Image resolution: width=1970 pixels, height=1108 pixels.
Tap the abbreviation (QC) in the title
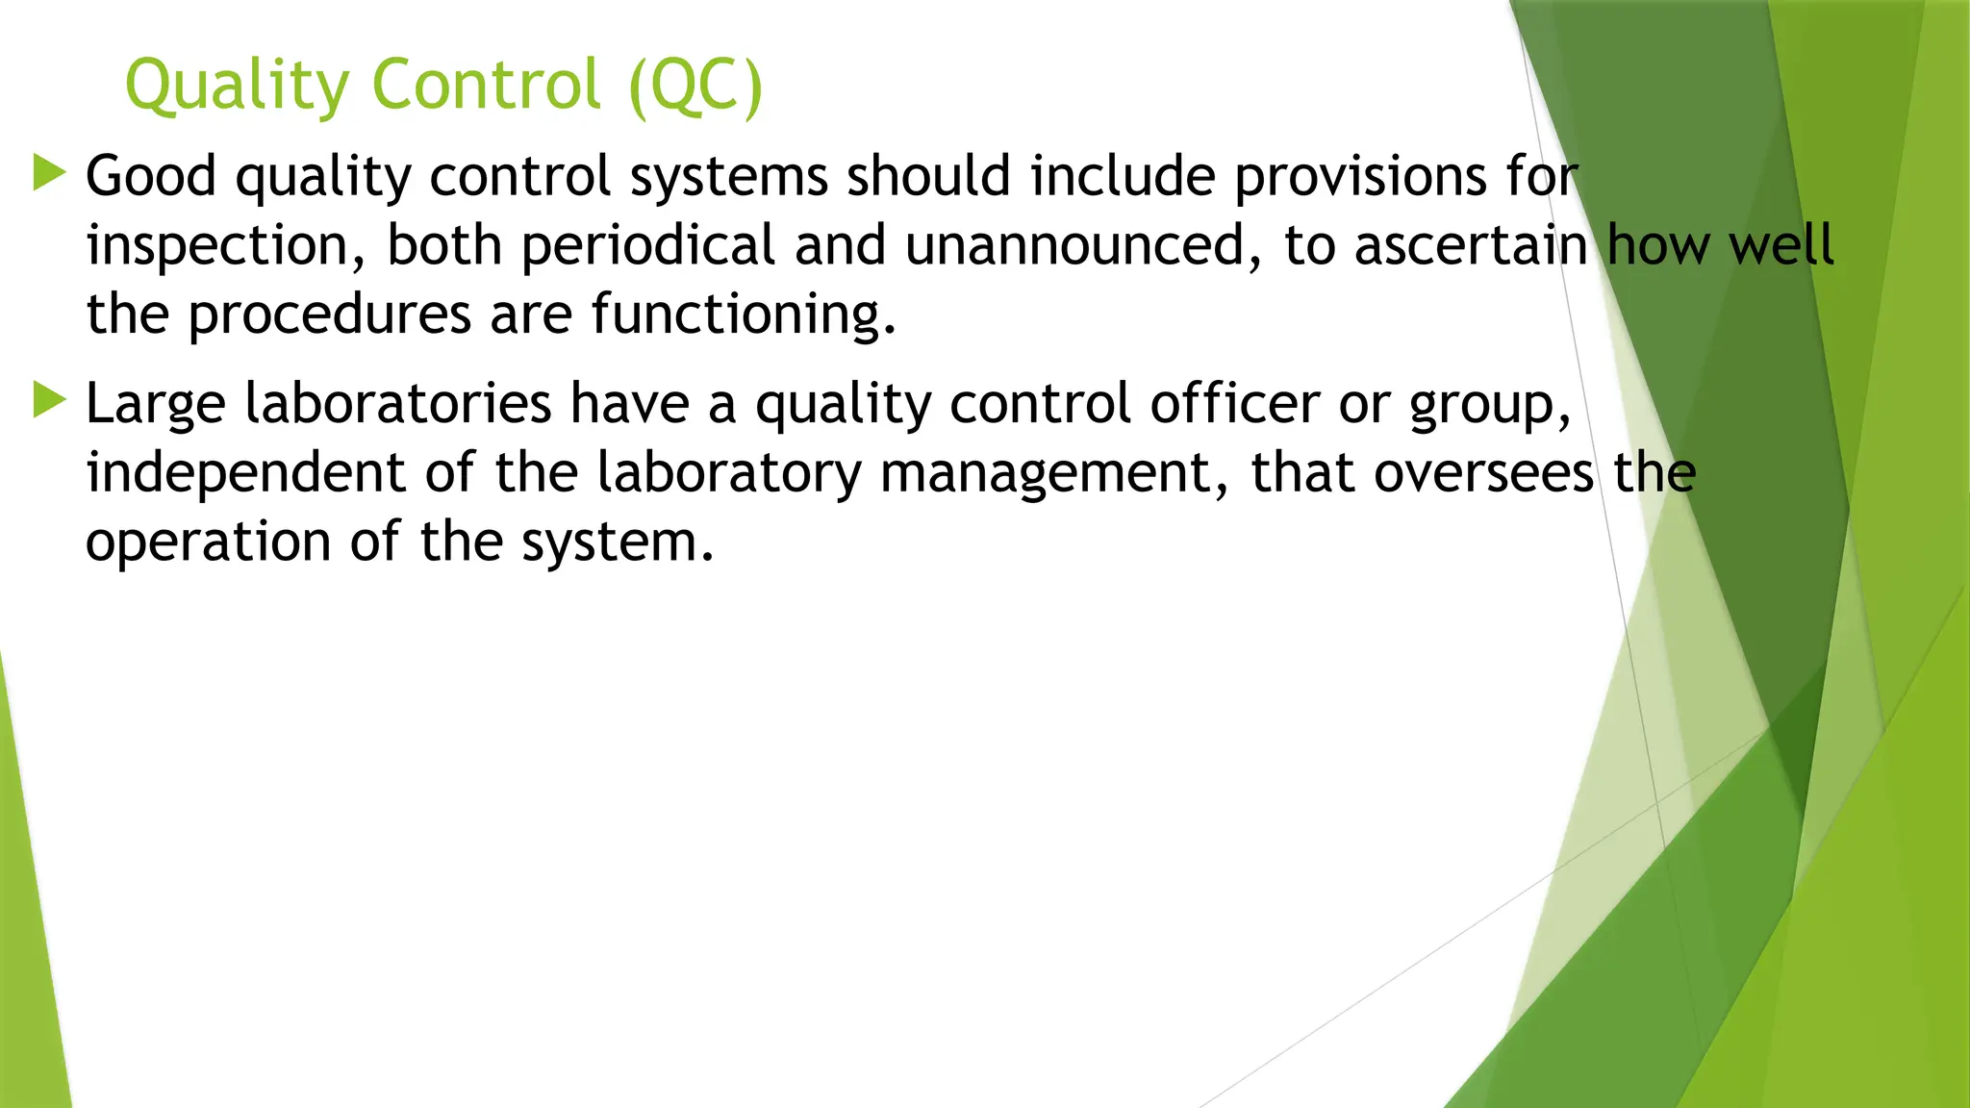point(695,87)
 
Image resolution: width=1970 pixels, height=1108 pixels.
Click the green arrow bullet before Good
point(49,173)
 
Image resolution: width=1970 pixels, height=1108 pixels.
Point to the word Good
point(151,177)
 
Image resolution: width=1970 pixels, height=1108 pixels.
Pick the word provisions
point(1360,177)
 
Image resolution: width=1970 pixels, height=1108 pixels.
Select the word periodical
point(647,246)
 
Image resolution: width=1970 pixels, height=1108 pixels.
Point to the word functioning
point(743,315)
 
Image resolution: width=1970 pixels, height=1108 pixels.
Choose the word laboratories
point(397,403)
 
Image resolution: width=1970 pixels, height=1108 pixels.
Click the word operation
point(208,541)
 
